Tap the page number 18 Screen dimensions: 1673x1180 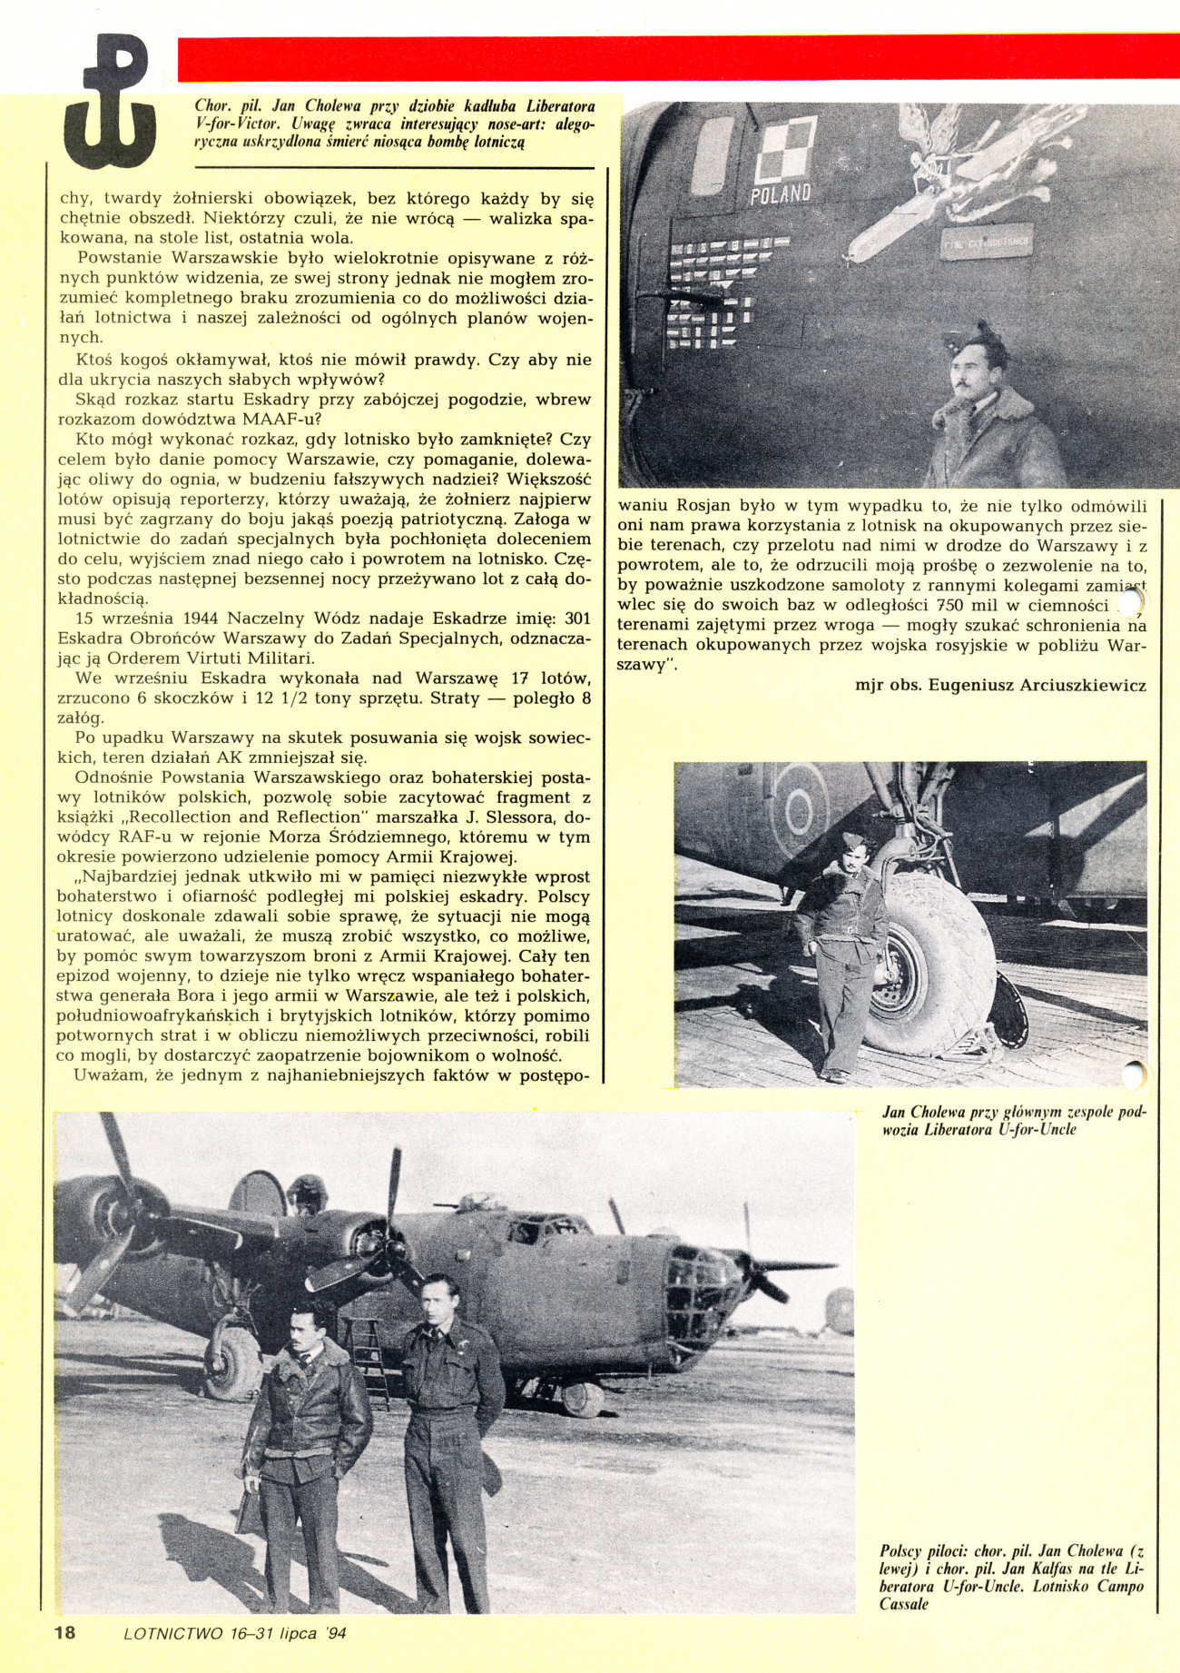tap(64, 1632)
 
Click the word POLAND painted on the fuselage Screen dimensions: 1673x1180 tap(781, 193)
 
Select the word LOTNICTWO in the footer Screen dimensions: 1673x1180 tap(172, 1633)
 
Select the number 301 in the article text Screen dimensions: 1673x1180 tap(577, 619)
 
